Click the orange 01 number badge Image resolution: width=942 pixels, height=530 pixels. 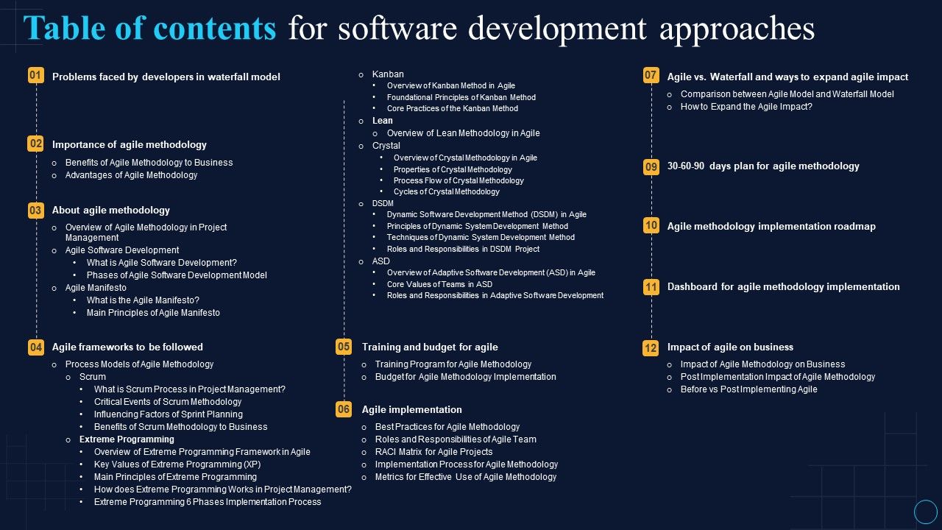pos(35,76)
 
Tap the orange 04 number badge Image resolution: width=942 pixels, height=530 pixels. pos(35,347)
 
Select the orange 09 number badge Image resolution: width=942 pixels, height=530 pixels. pos(651,166)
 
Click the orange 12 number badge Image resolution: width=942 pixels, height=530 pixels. pos(651,347)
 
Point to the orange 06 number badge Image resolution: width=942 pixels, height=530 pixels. pos(344,409)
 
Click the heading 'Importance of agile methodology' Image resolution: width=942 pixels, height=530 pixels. pos(129,145)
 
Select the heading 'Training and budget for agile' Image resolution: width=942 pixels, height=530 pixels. pos(430,347)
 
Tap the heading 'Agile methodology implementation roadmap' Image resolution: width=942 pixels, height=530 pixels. pos(771,226)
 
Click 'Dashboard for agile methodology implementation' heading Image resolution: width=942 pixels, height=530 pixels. pos(783,286)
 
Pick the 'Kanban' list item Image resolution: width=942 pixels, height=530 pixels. pos(388,74)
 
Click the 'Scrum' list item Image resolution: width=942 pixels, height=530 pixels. pos(93,377)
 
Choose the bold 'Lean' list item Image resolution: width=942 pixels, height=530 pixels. pos(383,121)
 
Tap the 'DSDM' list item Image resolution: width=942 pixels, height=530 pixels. pos(383,203)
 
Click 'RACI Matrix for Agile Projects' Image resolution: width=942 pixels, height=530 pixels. pos(433,452)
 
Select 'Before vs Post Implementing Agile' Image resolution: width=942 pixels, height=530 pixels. pos(748,389)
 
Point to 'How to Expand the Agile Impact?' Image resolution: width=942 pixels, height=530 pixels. pos(746,107)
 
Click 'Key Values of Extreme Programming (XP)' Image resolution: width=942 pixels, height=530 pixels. pos(177,464)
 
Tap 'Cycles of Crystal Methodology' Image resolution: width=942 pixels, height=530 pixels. pos(446,191)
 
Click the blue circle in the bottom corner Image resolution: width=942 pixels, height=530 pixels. pos(925,512)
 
